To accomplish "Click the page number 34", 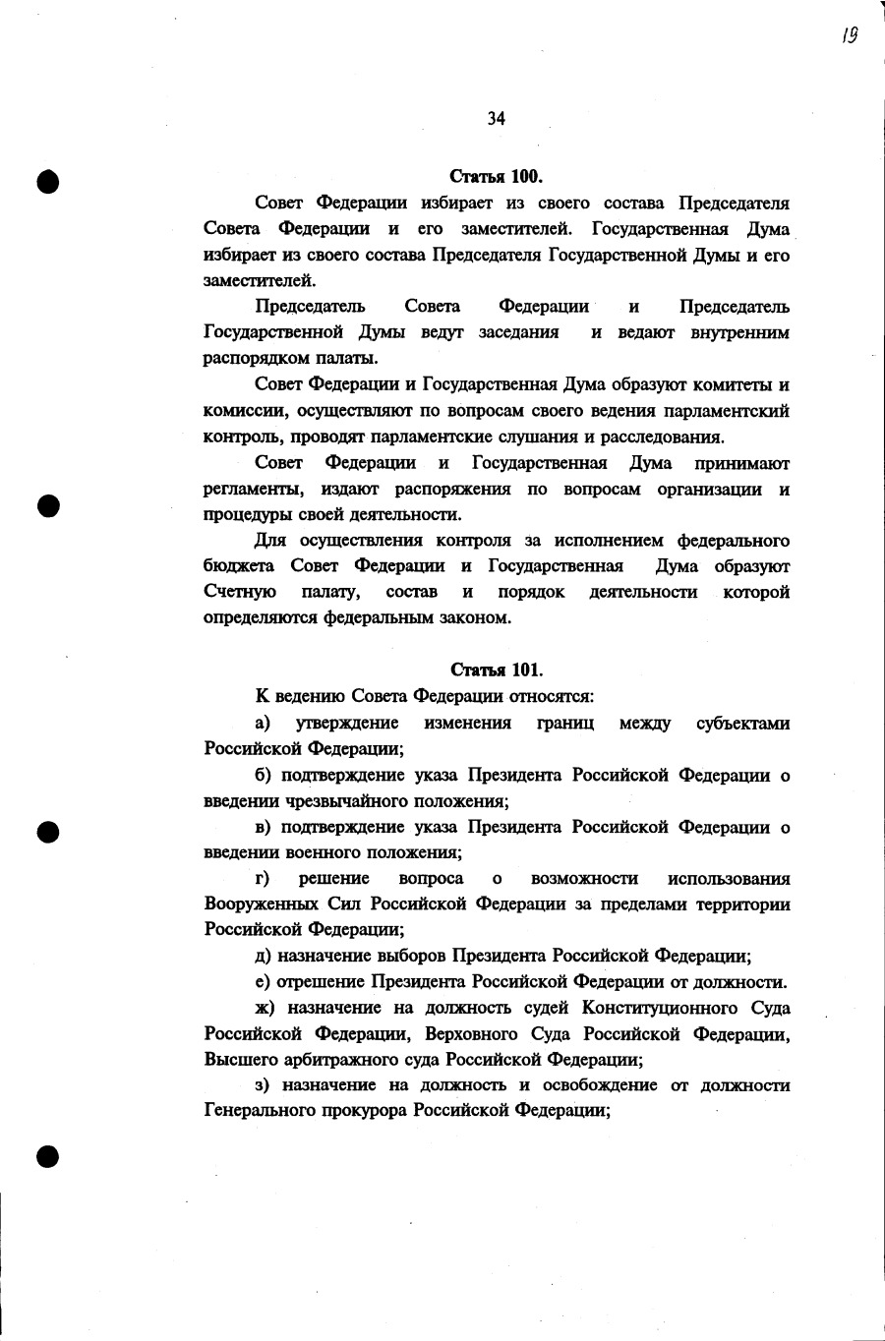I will click(x=496, y=119).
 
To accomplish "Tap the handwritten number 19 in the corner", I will click(x=850, y=36).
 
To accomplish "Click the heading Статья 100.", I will click(x=496, y=177).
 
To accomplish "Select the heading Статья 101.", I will click(x=496, y=670).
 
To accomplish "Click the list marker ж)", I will click(x=265, y=1008).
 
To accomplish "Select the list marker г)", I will click(x=263, y=878).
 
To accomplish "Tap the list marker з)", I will click(x=263, y=1085).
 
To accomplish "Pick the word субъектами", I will click(x=742, y=724).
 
